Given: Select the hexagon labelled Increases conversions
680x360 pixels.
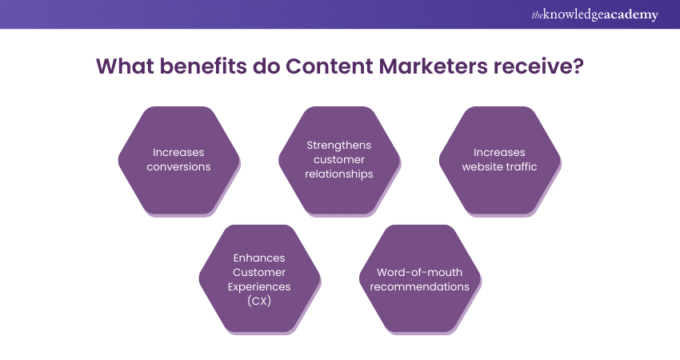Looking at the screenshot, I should coord(179,160).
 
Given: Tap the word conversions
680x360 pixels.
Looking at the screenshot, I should coord(179,166).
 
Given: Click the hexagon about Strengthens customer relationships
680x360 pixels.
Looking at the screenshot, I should coord(339,160).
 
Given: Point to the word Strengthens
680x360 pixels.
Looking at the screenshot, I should coord(339,145).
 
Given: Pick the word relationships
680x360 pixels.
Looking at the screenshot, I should coord(339,174).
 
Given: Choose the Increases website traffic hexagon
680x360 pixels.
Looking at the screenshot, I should coord(500,160).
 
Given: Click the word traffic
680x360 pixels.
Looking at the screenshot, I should coord(520,166).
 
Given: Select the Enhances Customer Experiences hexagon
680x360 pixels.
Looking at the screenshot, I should coord(259,278).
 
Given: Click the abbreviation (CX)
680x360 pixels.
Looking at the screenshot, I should coord(259,300).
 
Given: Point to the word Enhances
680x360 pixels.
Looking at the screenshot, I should coord(259,257).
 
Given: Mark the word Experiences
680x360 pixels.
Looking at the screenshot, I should coord(259,286).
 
